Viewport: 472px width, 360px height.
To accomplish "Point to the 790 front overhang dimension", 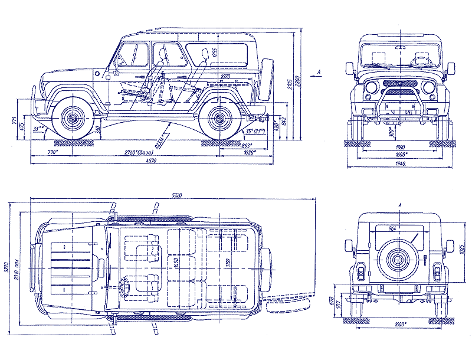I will tap(53, 153).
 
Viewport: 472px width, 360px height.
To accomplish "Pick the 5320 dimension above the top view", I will tap(176, 195).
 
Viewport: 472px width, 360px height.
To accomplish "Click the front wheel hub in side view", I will tap(73, 119).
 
